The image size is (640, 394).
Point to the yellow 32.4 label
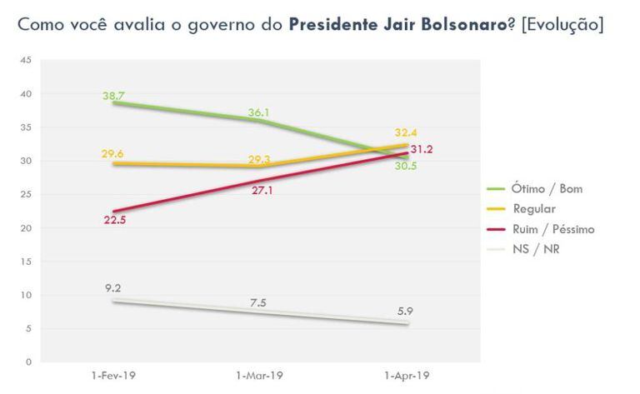(408, 132)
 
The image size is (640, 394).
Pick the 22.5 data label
(114, 221)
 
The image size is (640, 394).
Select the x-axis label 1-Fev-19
(112, 377)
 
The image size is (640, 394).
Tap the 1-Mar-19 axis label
(261, 377)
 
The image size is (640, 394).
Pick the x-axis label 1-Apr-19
(407, 377)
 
